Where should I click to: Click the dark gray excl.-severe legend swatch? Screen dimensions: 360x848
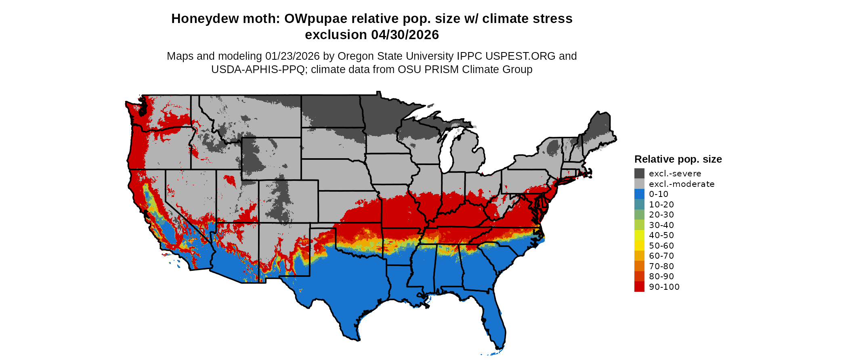click(639, 174)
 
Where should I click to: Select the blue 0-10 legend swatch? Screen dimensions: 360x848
click(639, 194)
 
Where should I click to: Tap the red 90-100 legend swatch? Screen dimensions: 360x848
click(639, 287)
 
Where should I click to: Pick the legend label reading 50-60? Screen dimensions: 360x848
click(661, 246)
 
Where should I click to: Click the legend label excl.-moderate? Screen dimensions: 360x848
click(682, 184)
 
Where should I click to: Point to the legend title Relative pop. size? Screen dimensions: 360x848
click(678, 159)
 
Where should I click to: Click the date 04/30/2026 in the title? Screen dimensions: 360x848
click(405, 35)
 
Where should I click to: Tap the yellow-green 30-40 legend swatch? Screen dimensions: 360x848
click(639, 225)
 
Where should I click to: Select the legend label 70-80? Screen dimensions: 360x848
click(661, 266)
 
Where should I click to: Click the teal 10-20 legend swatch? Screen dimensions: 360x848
click(639, 205)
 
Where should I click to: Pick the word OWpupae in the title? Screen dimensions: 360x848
click(315, 19)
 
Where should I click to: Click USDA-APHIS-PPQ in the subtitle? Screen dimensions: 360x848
click(258, 69)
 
